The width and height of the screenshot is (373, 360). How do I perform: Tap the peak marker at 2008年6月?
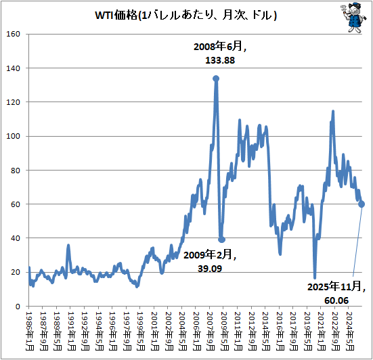tap(216, 78)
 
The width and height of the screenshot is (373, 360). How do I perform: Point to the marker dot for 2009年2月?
tap(221, 240)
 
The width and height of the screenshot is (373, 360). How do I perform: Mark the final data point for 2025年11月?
tap(362, 204)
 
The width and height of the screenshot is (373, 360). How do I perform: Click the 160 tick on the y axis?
tap(14, 35)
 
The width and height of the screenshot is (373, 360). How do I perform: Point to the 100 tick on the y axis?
tap(14, 137)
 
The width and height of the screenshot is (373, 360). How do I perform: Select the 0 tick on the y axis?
tap(18, 307)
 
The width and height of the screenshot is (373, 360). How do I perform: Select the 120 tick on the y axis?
tap(14, 103)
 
